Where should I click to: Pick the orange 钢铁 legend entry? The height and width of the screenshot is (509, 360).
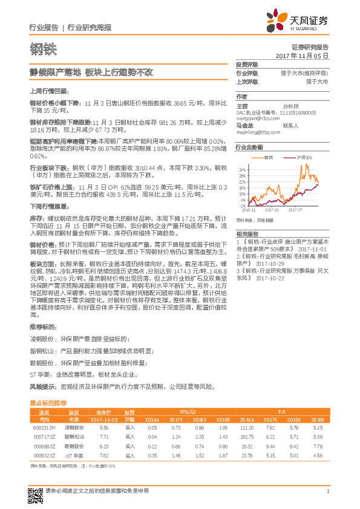coord(269,157)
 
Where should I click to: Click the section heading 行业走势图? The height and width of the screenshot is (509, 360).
coord(249,148)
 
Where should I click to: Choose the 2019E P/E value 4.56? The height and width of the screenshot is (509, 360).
coord(318,455)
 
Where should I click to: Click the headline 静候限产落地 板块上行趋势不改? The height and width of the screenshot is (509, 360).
coord(92,72)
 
